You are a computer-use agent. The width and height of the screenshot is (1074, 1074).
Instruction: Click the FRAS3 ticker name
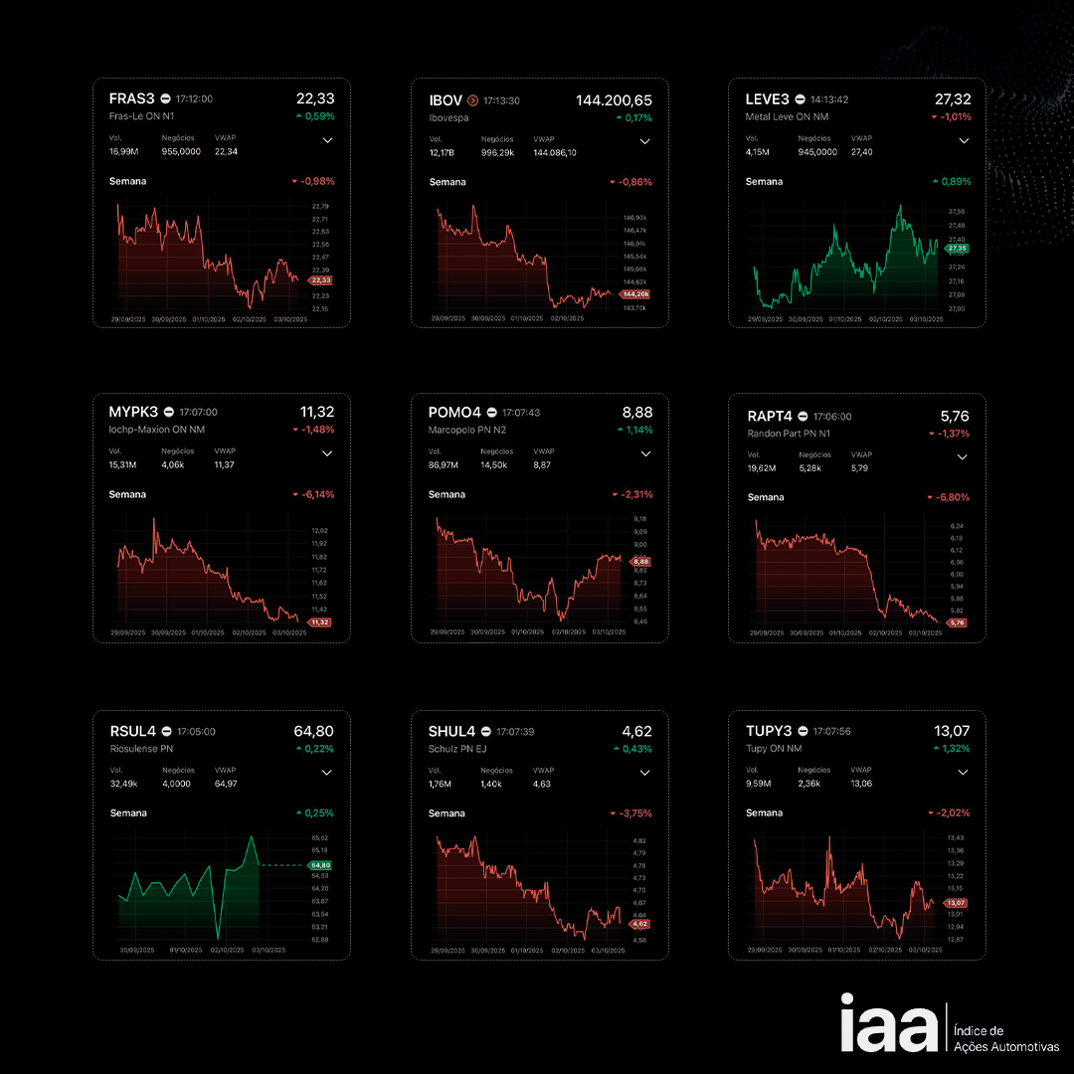pos(132,98)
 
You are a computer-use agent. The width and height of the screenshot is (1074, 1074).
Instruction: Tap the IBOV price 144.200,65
pos(614,100)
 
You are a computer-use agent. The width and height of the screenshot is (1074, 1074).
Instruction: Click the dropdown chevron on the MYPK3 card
pos(327,453)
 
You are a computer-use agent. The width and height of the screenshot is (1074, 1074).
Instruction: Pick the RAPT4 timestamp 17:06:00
pos(831,417)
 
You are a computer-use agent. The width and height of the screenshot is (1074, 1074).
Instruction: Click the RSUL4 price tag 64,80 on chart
pos(320,865)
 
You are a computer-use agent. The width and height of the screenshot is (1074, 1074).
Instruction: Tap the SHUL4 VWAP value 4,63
pos(542,785)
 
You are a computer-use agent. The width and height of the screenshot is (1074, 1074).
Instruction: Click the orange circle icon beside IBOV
pos(472,100)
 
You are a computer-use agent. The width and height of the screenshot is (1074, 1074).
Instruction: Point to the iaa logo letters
pos(888,1023)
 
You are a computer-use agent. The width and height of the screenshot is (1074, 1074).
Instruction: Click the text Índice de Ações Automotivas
pos(1005,1039)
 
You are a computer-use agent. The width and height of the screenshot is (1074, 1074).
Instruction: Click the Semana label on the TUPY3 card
pos(764,812)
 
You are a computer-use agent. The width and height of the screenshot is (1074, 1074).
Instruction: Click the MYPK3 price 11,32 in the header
pos(317,412)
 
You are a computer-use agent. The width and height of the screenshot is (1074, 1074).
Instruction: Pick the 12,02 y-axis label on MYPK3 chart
pos(319,531)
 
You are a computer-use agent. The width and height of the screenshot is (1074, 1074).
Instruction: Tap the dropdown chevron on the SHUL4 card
pos(644,773)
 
